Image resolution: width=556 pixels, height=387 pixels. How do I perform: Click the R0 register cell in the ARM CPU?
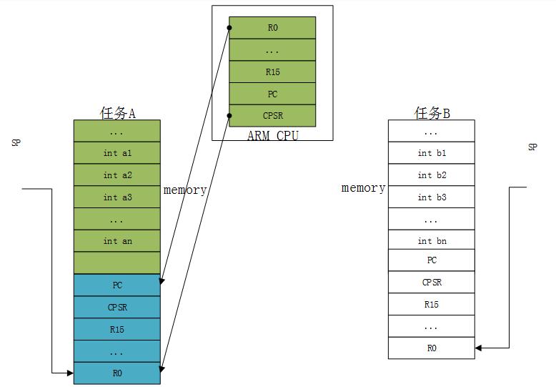[272, 29]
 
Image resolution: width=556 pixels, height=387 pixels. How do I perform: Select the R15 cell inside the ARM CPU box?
[272, 72]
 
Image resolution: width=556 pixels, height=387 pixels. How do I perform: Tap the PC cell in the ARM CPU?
[272, 94]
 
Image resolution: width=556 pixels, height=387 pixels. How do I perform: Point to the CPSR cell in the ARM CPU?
[272, 116]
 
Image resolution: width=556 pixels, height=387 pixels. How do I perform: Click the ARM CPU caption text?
[272, 135]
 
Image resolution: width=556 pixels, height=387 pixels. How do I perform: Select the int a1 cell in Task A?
[117, 153]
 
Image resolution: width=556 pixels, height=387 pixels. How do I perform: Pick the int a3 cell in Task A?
[117, 197]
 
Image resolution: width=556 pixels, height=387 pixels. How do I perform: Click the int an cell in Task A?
[117, 241]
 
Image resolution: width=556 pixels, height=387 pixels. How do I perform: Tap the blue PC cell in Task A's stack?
[117, 285]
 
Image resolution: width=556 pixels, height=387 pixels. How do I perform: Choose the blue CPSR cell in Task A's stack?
[117, 308]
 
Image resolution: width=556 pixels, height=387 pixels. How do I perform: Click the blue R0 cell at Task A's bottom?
[117, 373]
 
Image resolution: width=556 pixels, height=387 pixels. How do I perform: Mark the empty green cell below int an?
[117, 263]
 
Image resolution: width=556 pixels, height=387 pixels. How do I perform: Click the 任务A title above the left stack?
[117, 112]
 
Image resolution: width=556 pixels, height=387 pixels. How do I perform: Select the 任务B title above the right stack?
[432, 112]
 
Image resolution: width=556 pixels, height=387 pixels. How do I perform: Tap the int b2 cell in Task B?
[432, 175]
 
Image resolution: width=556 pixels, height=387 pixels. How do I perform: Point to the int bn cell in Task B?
[432, 241]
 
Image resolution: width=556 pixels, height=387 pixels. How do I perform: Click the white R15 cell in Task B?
[432, 305]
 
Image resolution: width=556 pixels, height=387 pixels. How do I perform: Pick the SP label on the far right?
[532, 147]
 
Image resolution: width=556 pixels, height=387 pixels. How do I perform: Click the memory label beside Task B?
[363, 188]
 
